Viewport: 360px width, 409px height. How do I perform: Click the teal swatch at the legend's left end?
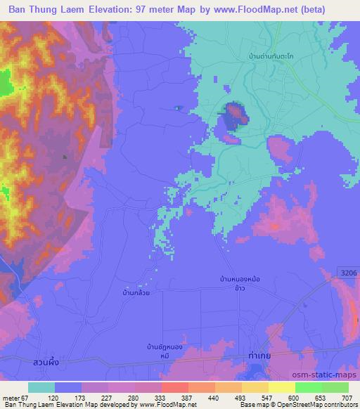pos(41,387)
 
